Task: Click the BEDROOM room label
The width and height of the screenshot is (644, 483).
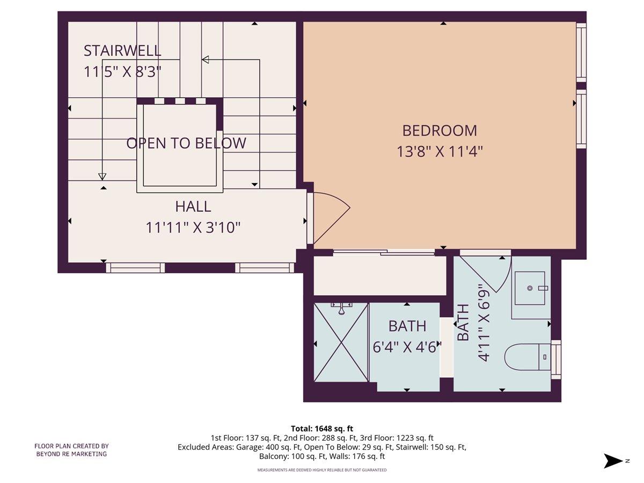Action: [440, 130]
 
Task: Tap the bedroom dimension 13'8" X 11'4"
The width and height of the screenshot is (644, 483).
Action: [440, 152]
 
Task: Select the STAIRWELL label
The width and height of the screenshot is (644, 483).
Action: [122, 51]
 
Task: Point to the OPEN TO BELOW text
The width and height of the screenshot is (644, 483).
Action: [186, 143]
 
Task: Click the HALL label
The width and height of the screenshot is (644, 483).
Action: [193, 206]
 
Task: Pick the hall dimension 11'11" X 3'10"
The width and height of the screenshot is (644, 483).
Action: [193, 228]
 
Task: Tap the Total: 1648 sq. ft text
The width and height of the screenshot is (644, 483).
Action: [322, 428]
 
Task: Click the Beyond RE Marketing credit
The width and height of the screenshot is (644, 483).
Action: [71, 450]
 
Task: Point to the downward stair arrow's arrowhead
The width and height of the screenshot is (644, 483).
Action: [102, 177]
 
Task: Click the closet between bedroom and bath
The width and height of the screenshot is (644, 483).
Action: [379, 276]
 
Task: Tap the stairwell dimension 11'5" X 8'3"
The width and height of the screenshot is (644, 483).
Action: [122, 72]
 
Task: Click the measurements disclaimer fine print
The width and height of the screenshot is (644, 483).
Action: [322, 470]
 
